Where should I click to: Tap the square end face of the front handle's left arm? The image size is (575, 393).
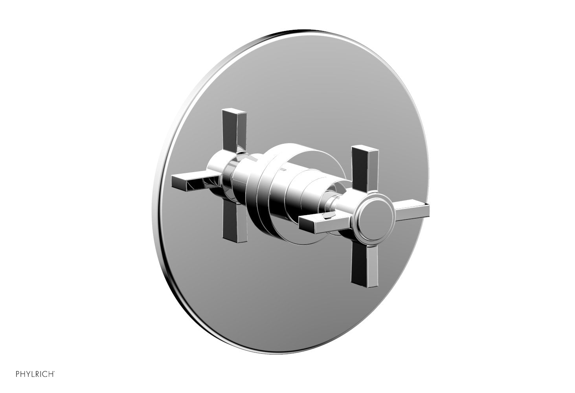pyautogui.click(x=303, y=225)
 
